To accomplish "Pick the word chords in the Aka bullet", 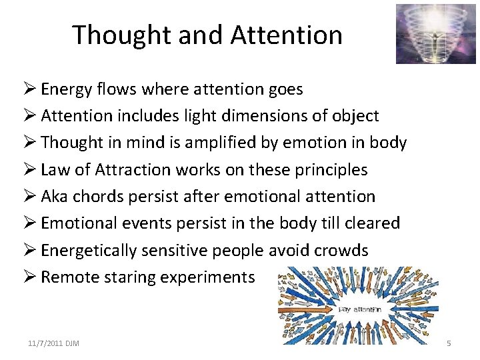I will [x=99, y=196].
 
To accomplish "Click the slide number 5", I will [x=449, y=343].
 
